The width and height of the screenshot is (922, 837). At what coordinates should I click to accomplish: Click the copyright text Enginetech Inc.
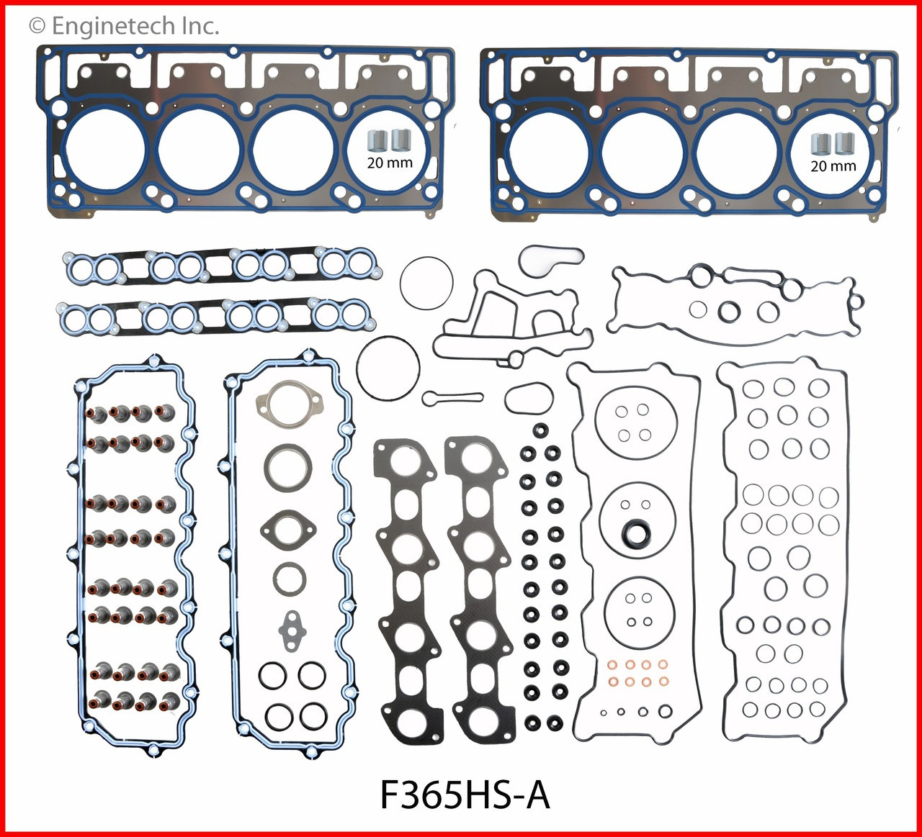123,27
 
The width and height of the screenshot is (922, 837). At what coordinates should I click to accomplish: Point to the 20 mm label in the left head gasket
390,163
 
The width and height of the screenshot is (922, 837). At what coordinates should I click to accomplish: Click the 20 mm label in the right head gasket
833,166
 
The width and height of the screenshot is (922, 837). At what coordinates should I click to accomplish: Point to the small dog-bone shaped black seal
452,397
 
